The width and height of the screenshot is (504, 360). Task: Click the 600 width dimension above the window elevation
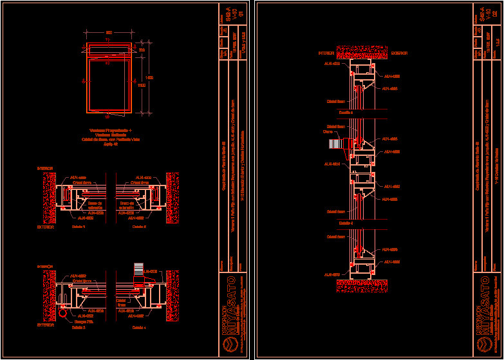[109, 33]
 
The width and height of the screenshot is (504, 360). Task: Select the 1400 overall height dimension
[149, 77]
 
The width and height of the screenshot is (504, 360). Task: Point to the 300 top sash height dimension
[142, 50]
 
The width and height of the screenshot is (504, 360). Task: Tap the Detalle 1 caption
[78, 227]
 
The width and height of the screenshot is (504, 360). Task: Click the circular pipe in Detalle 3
[62, 313]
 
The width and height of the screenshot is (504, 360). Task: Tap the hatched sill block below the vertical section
[357, 282]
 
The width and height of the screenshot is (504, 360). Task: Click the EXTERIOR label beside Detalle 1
[46, 227]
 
